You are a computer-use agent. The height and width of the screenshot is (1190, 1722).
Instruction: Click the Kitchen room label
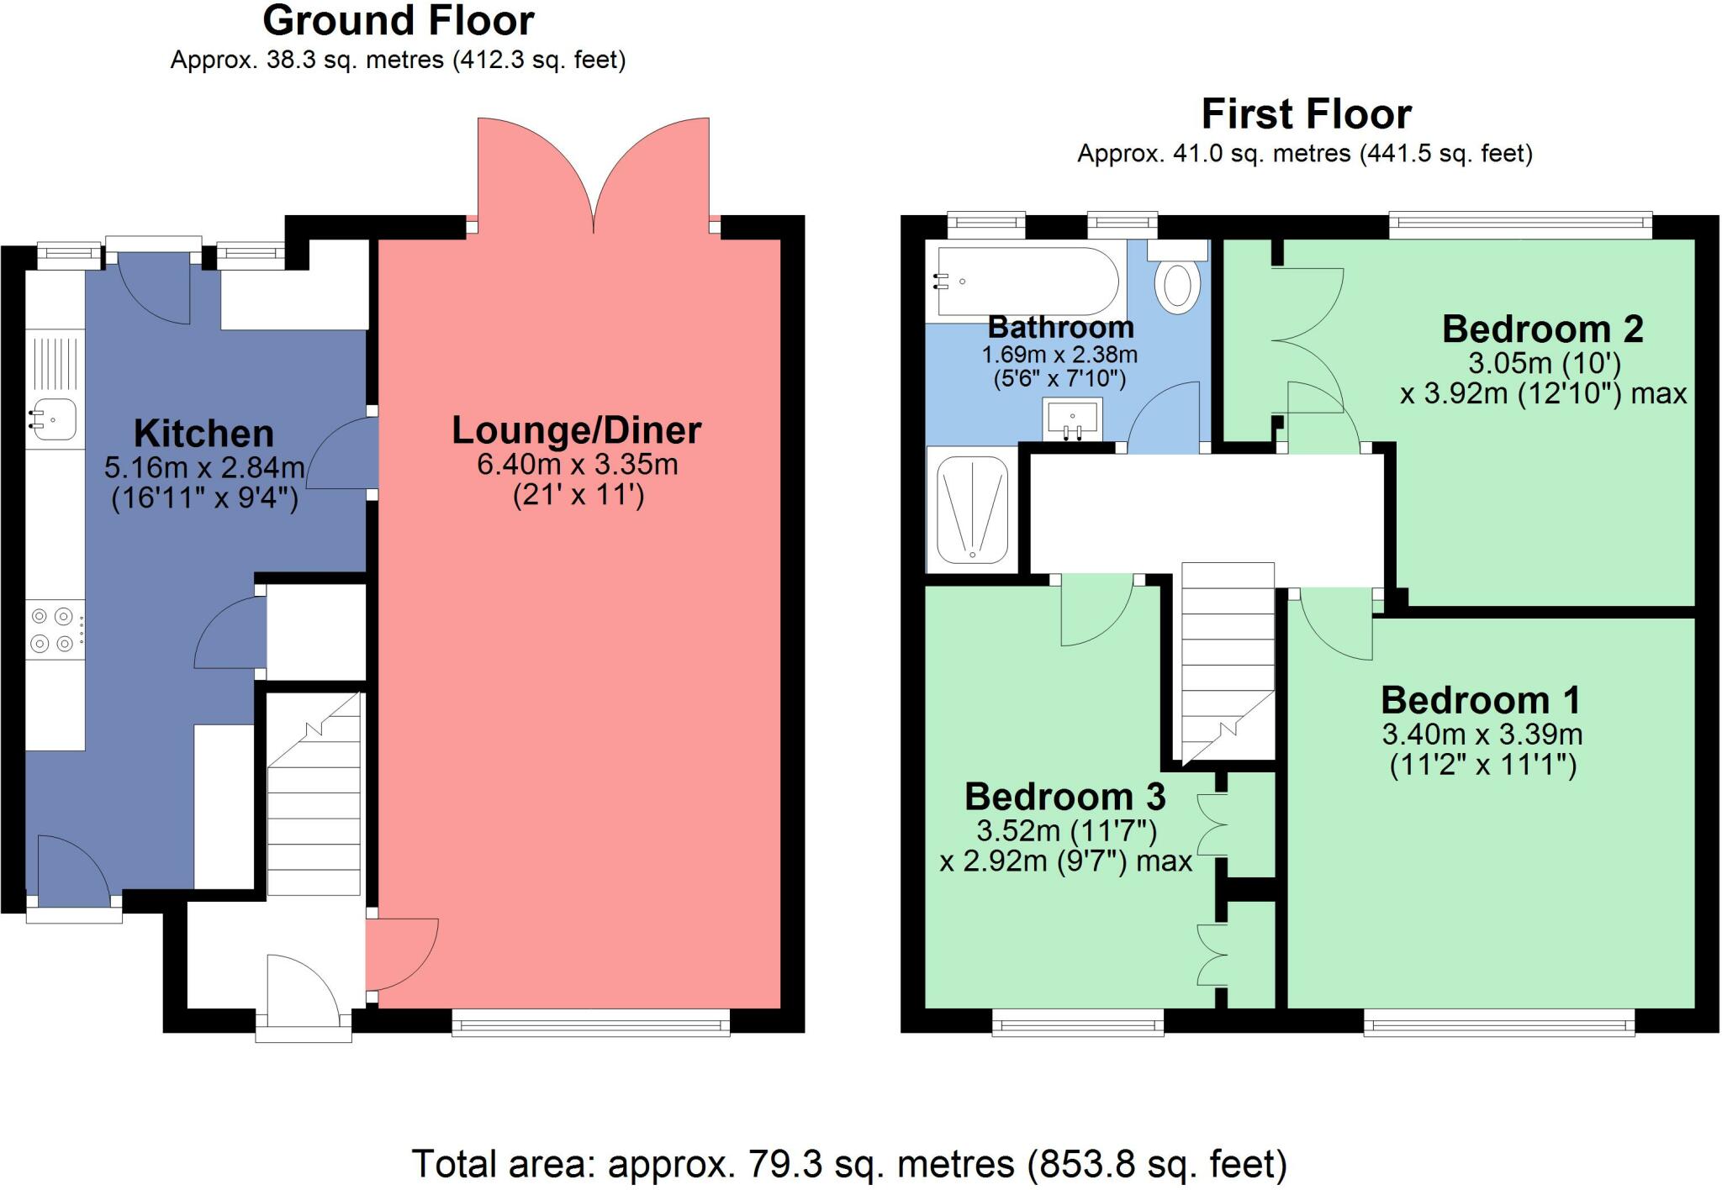[203, 434]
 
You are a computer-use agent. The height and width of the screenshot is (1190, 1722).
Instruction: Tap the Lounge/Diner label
[577, 430]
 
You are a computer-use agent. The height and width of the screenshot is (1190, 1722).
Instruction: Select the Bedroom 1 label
[1481, 700]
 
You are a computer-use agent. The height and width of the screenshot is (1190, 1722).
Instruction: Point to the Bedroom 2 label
[1543, 329]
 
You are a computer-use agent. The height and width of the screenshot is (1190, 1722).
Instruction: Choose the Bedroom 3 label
[1065, 796]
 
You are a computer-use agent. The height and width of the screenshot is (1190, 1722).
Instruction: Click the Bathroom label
[1060, 326]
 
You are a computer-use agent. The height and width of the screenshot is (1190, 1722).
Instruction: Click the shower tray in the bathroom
[972, 509]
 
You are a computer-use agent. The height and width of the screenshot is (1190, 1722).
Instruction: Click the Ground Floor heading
[399, 21]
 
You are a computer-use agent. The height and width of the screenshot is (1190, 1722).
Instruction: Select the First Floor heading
[1307, 113]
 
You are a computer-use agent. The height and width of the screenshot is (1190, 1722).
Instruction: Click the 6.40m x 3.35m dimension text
[578, 464]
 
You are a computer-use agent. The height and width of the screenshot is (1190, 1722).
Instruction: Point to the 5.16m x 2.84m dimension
[204, 467]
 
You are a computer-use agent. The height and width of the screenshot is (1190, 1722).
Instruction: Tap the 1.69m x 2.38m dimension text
[1059, 355]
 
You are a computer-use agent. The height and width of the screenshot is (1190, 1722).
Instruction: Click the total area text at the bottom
[849, 1165]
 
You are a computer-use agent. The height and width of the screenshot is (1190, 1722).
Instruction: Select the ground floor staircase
[314, 793]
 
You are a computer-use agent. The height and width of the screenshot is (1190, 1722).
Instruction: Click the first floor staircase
[1228, 664]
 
